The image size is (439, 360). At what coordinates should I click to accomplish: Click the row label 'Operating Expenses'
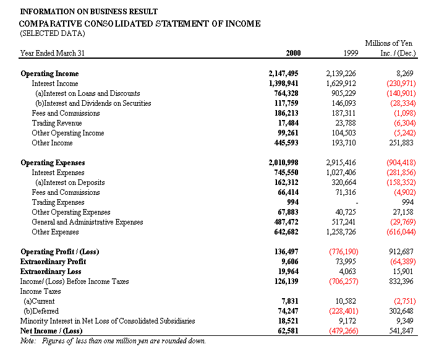tap(53, 163)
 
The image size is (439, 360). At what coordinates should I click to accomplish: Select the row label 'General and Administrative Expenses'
tap(87, 222)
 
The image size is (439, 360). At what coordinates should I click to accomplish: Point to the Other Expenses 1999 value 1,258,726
tap(341, 232)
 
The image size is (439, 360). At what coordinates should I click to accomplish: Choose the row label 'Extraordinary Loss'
tap(51, 272)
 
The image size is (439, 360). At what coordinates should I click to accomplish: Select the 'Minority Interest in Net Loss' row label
tap(108, 321)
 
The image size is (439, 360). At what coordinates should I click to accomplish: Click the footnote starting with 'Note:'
tap(113, 341)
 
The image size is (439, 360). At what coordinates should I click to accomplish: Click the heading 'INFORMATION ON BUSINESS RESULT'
tap(88, 12)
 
